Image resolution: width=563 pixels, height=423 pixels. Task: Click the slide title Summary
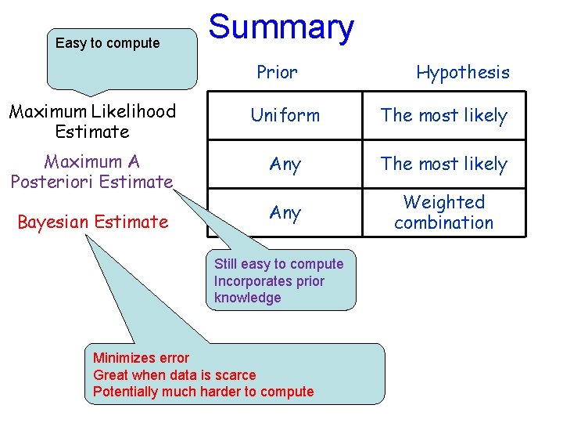click(281, 27)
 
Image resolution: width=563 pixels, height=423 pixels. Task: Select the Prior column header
click(277, 73)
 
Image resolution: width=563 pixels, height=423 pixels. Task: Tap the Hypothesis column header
click(462, 73)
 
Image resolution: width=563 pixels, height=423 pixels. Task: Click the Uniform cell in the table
click(285, 115)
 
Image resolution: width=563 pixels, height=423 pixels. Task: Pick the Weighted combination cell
click(443, 212)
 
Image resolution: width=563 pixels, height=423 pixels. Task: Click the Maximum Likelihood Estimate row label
click(92, 121)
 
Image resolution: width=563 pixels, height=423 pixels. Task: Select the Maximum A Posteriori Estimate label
click(91, 172)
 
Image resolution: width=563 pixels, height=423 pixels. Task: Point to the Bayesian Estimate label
click(92, 222)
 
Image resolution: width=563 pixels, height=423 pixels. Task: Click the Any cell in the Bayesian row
click(285, 212)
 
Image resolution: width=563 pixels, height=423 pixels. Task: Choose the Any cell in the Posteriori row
click(285, 164)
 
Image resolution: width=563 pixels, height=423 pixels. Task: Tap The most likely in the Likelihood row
click(443, 115)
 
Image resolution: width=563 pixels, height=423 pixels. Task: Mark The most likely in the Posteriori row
click(443, 164)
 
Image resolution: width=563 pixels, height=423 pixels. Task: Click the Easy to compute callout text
click(107, 43)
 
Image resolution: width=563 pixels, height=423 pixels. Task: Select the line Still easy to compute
click(278, 264)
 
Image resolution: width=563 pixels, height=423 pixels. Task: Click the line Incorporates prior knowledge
click(269, 289)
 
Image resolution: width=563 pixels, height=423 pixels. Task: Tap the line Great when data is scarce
click(174, 374)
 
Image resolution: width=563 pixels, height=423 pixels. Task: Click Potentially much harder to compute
click(203, 392)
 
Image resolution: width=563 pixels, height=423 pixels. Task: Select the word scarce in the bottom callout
click(235, 374)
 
